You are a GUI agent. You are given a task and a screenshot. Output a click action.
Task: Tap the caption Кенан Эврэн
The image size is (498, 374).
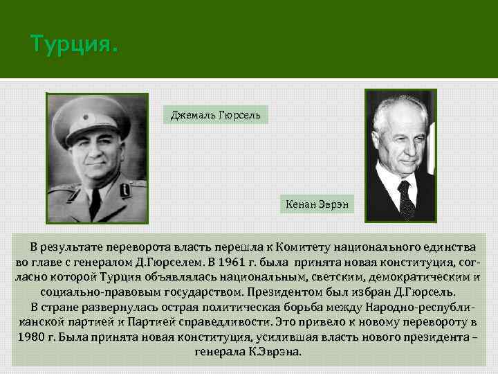click(x=317, y=204)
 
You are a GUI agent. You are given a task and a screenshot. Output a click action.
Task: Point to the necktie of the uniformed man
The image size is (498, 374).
click(x=95, y=202)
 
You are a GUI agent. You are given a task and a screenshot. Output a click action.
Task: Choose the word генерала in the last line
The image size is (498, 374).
click(x=219, y=352)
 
